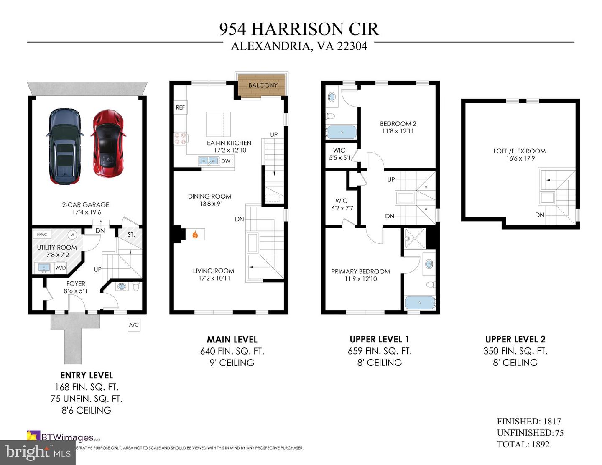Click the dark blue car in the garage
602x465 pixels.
click(64, 146)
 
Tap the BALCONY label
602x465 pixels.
click(263, 85)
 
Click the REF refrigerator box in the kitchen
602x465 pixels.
click(180, 107)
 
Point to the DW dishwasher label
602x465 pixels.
click(225, 161)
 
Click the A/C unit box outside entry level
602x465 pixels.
click(134, 325)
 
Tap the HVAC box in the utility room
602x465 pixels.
click(42, 235)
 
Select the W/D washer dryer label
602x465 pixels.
click(61, 268)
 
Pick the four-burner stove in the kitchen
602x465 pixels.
click(180, 138)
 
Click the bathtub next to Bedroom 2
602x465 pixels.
click(341, 133)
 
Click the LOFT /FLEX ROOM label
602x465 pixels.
click(519, 151)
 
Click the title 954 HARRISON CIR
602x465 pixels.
click(299, 29)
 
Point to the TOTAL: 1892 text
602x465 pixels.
click(523, 444)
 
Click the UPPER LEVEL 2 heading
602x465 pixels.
click(515, 339)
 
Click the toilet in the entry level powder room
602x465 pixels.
click(136, 287)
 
